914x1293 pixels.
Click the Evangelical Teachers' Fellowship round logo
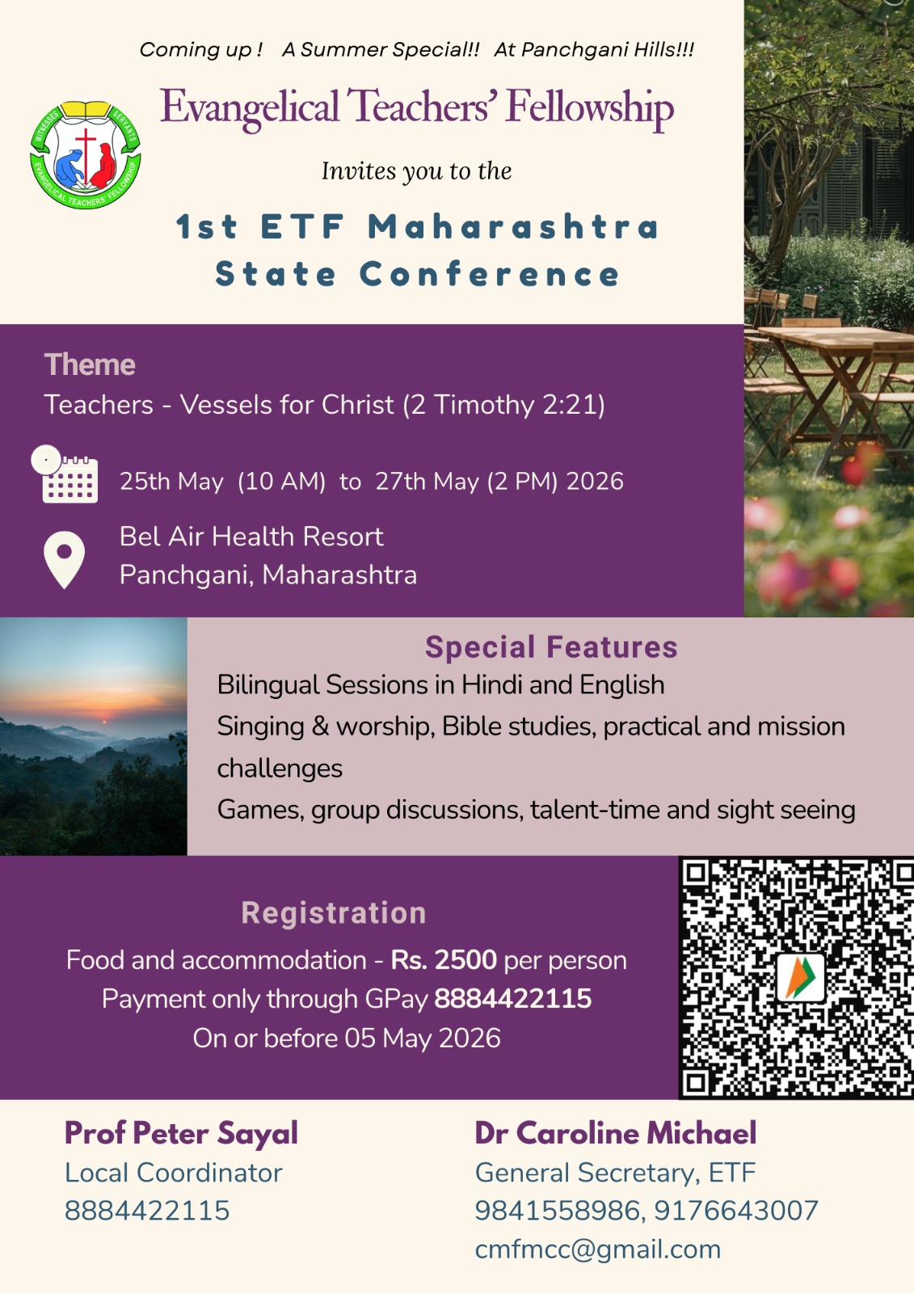click(x=86, y=154)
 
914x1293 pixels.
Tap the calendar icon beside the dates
click(x=65, y=474)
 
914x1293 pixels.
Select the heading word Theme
click(x=90, y=364)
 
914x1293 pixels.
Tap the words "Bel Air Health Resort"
click(x=251, y=537)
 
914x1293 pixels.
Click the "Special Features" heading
click(x=551, y=647)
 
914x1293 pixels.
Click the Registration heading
click(x=334, y=913)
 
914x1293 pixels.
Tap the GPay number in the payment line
click(x=512, y=999)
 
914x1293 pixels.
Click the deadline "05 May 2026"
click(x=423, y=1038)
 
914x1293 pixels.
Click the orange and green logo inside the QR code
click(x=800, y=978)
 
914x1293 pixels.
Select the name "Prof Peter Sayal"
click(x=181, y=1133)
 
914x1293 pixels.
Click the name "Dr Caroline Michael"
click(x=616, y=1133)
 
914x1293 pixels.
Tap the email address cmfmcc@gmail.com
click(x=598, y=1249)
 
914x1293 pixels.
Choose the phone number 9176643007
click(x=736, y=1211)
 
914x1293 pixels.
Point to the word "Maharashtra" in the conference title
click(x=514, y=226)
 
